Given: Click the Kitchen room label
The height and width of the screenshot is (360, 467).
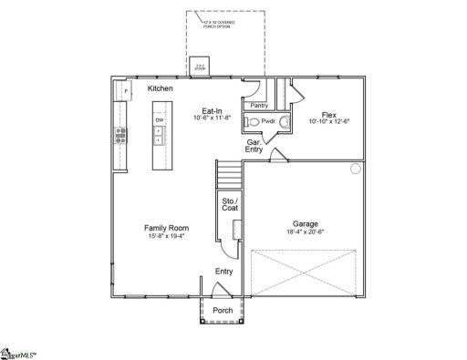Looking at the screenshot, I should pyautogui.click(x=161, y=88).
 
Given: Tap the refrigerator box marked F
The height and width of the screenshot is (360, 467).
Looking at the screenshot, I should pyautogui.click(x=121, y=91).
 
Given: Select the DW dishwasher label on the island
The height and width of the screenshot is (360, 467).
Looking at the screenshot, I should pyautogui.click(x=159, y=120).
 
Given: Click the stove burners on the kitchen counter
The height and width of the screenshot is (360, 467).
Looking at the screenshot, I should pyautogui.click(x=119, y=137).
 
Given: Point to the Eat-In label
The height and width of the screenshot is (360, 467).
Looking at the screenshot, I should pyautogui.click(x=213, y=111).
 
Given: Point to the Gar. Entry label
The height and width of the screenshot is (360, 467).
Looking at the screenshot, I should pyautogui.click(x=256, y=145).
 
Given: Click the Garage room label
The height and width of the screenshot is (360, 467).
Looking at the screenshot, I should pyautogui.click(x=306, y=223).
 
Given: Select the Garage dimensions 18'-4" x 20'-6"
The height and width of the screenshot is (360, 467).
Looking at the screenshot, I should pyautogui.click(x=306, y=232).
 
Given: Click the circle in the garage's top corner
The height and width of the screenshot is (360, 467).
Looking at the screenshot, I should pyautogui.click(x=356, y=169).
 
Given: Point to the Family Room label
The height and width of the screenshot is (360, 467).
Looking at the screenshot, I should pyautogui.click(x=165, y=228).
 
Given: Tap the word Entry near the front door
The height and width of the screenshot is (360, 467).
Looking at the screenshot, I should pyautogui.click(x=223, y=271).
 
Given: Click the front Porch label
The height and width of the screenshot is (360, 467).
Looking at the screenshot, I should pyautogui.click(x=222, y=311).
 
